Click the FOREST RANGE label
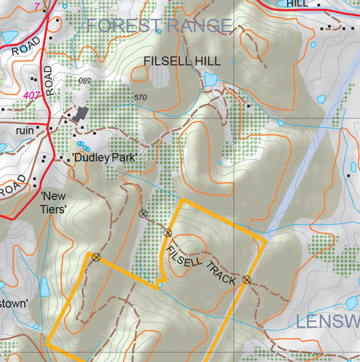(x=159, y=26)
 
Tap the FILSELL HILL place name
(x=182, y=61)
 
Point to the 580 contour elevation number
(x=84, y=81)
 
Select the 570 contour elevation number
(x=140, y=98)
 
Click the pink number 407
(x=31, y=95)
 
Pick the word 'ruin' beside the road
(x=25, y=130)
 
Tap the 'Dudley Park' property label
(x=104, y=158)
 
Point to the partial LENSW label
(x=327, y=322)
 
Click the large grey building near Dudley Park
(x=81, y=114)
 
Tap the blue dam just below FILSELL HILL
(x=209, y=79)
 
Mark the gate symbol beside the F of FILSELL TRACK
(x=167, y=232)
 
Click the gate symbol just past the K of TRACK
(x=246, y=280)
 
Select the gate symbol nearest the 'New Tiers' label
(x=96, y=257)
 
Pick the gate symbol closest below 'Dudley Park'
(x=143, y=214)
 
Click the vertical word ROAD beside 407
(x=49, y=81)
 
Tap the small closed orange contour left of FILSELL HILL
(x=140, y=74)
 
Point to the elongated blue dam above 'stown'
(x=45, y=287)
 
